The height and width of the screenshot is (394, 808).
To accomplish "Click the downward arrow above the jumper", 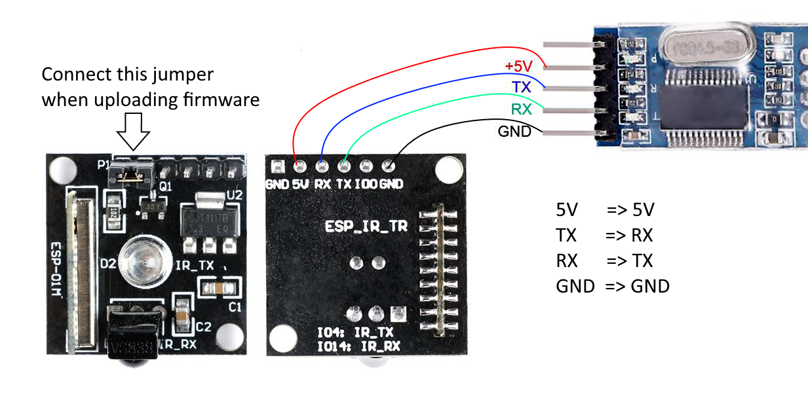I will point(133,132).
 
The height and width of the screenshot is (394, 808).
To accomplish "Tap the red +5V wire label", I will point(519,66).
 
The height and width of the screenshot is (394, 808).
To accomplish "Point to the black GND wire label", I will point(514,131).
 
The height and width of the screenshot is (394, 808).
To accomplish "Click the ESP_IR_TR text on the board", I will point(366,226).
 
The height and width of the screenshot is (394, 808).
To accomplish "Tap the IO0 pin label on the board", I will point(366,184).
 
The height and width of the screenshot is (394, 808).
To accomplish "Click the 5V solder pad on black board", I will point(299,166).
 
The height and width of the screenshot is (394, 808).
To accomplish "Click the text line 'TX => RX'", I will point(604,236).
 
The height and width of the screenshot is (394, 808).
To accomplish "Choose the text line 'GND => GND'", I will point(612,286).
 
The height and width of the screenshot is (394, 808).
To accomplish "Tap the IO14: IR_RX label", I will point(358,346).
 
